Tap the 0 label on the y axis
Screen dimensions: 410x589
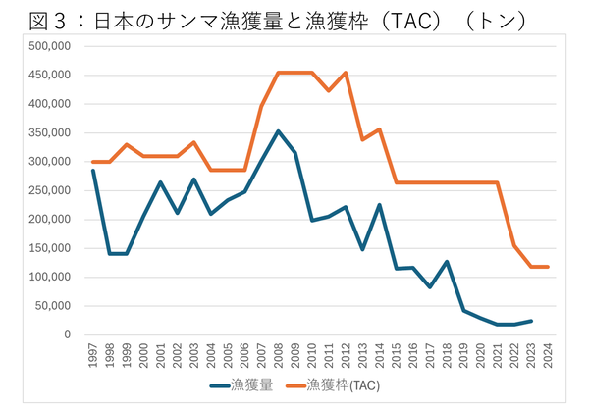[x=68, y=334]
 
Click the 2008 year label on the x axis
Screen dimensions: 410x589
[x=278, y=353]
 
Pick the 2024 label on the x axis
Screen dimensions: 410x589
[x=546, y=353]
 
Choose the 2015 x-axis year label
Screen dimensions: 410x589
[x=396, y=353]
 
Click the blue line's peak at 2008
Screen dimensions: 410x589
[x=278, y=130]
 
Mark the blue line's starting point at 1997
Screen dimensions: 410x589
[x=93, y=171]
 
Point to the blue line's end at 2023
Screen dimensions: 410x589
[x=529, y=321]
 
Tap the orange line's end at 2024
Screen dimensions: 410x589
[x=546, y=267]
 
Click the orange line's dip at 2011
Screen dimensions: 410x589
[x=328, y=91]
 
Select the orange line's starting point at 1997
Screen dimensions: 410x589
[x=93, y=162]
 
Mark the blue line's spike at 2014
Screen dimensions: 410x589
[x=378, y=205]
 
